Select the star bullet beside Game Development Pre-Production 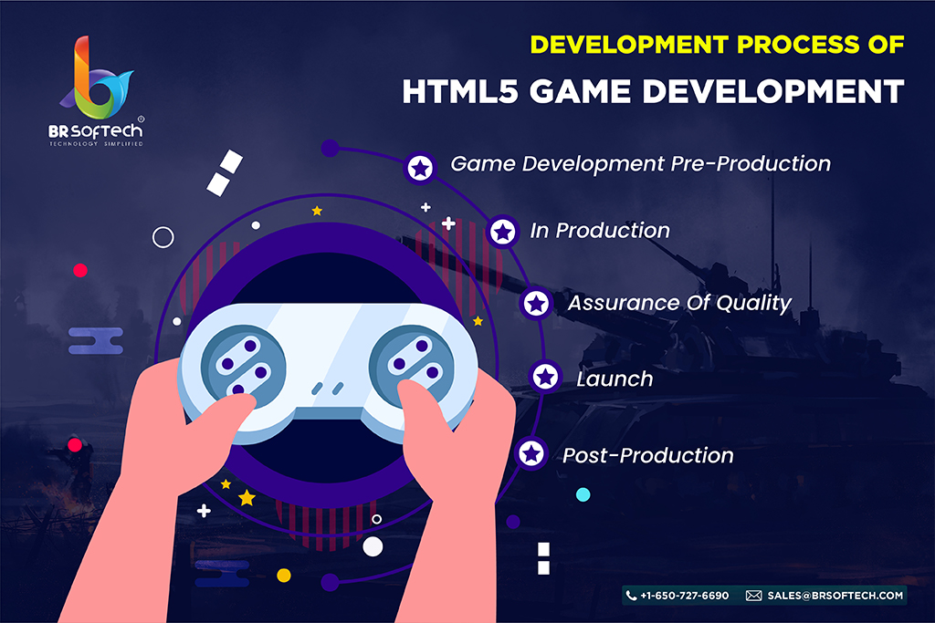[420, 168]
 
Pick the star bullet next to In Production [503, 232]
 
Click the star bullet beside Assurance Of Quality [536, 304]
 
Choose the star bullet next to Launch [545, 377]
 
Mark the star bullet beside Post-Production [531, 454]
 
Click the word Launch [615, 379]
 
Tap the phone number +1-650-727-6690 [685, 596]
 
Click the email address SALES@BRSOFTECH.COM [835, 596]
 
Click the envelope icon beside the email [753, 596]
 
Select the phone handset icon [631, 596]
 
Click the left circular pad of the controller [243, 367]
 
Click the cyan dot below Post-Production [583, 494]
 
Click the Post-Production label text [647, 456]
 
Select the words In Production [600, 231]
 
